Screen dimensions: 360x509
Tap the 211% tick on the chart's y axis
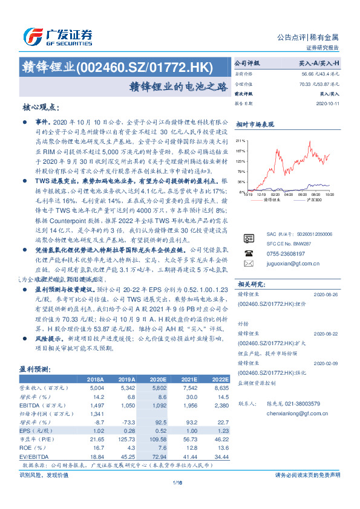[x=240, y=138]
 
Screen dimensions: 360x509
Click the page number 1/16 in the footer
[x=177, y=482]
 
